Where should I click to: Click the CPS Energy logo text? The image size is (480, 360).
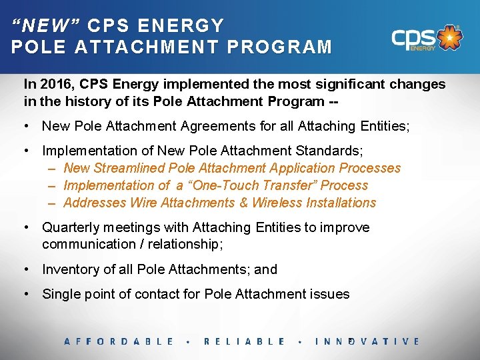point(413,38)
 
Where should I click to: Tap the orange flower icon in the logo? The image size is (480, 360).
point(451,38)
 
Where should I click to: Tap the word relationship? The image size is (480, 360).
point(183,244)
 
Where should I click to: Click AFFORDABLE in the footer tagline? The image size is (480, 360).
point(119,341)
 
